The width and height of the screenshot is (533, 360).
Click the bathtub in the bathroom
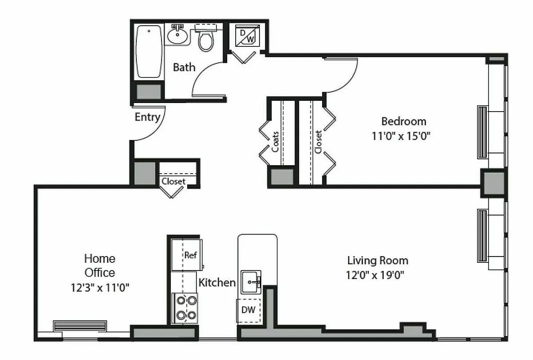click(149, 51)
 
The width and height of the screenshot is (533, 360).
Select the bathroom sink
click(179, 36)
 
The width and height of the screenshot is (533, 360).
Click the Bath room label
click(184, 67)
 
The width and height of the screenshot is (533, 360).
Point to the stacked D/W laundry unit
click(246, 36)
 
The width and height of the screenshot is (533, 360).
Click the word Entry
click(148, 117)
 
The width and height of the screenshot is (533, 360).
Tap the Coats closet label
click(275, 141)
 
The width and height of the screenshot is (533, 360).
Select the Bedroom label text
click(403, 121)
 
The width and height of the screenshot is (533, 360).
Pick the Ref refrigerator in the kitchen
click(190, 255)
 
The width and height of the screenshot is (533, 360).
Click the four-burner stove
click(185, 308)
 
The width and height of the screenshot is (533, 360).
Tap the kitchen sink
click(251, 282)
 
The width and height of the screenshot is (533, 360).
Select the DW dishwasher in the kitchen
click(248, 310)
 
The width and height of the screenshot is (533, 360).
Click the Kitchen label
click(217, 283)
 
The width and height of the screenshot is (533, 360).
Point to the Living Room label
click(377, 260)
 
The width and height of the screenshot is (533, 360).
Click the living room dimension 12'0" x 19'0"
click(375, 274)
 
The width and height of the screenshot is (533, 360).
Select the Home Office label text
click(100, 265)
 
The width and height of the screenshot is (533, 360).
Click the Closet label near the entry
click(173, 181)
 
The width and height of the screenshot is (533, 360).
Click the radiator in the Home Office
click(80, 325)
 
